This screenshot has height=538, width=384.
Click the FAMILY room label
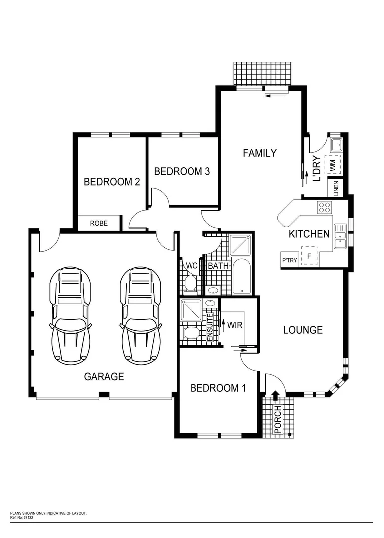259,153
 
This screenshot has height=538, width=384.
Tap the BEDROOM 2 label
111,182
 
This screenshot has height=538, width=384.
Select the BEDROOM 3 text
182,171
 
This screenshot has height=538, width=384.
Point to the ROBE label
99,223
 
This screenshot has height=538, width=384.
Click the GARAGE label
104,377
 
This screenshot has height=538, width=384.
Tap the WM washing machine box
333,164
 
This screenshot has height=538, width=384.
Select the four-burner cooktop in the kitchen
324,207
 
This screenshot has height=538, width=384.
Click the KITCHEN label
309,234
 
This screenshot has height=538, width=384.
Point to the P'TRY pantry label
290,260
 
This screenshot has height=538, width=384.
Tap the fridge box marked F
309,256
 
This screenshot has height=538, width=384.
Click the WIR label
235,325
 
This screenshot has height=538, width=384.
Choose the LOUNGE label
303,330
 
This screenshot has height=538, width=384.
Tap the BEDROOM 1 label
218,388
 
